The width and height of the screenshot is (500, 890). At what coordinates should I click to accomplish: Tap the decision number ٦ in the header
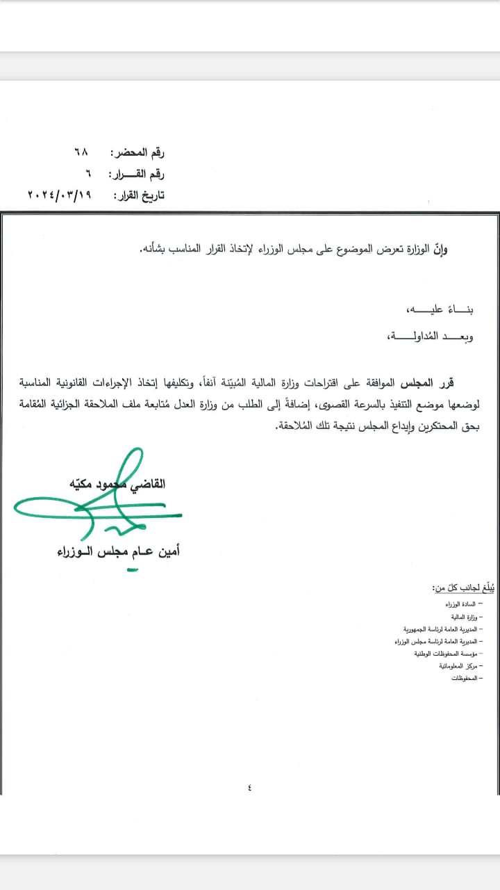click(88, 174)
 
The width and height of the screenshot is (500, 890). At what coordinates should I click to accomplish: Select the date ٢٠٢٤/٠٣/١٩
click(61, 195)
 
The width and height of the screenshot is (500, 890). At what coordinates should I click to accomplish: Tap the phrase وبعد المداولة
click(422, 337)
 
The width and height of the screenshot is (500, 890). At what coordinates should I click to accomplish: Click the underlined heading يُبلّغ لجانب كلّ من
click(455, 588)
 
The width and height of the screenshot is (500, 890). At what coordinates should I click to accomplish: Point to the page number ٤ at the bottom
click(249, 788)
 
